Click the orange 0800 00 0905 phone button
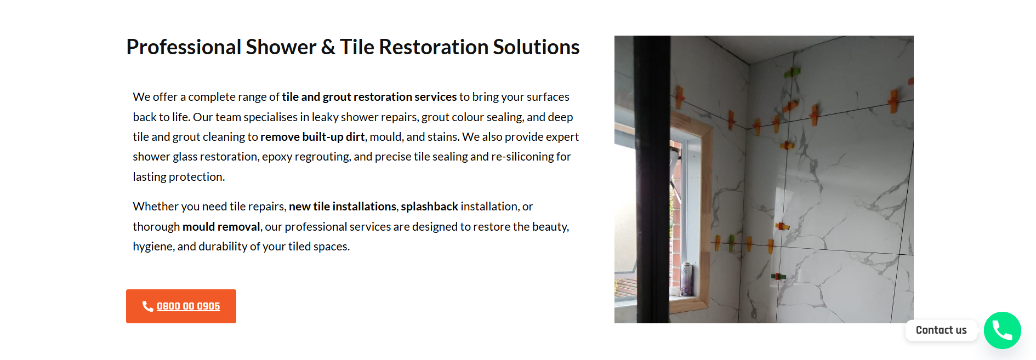tap(181, 306)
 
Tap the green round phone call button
tap(1002, 330)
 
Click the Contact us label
tap(941, 330)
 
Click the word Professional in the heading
tap(184, 47)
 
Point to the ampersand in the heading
tap(328, 47)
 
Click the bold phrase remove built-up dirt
tap(312, 137)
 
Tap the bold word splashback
tap(429, 207)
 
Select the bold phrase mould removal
tap(221, 227)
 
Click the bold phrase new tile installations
tap(343, 207)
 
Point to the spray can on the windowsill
tap(686, 279)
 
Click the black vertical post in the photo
tap(652, 179)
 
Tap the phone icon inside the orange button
tap(147, 306)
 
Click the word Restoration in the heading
tap(434, 47)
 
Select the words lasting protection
tap(179, 177)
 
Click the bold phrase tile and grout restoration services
tap(369, 97)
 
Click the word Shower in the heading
tap(281, 47)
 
